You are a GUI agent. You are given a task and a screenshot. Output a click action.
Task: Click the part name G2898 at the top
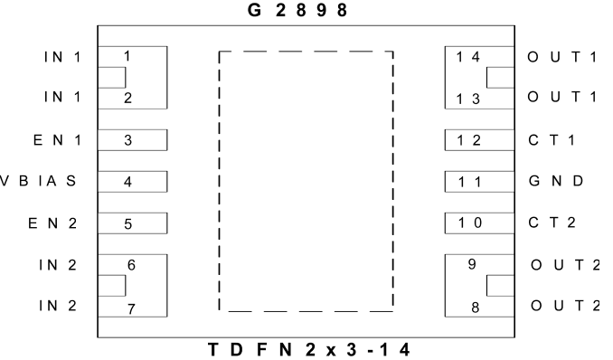[x=297, y=10]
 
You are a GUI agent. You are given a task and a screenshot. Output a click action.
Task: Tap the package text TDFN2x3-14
[x=309, y=349]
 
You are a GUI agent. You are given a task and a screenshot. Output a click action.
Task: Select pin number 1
[x=127, y=56]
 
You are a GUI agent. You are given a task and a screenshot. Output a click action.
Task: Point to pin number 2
[x=127, y=99]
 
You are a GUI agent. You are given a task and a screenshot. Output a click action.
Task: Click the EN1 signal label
[x=58, y=139]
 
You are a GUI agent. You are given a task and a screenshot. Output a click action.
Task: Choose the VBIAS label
[x=38, y=181]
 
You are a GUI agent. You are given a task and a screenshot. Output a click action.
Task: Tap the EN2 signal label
[x=52, y=223]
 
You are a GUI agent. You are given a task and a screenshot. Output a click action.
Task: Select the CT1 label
[x=552, y=139]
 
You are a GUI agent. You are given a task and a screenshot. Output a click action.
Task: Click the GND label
[x=556, y=181]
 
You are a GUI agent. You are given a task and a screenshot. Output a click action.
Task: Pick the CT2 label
[x=552, y=223]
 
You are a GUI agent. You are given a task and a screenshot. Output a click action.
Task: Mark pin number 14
[x=468, y=57]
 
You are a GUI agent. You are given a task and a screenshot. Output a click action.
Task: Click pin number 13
[x=468, y=99]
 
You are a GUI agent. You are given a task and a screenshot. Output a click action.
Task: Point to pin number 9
[x=472, y=264]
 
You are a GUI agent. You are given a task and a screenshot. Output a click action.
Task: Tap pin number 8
[x=476, y=308]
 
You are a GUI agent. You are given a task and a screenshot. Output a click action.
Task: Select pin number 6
[x=131, y=265]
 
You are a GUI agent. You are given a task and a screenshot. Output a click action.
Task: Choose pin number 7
[x=131, y=309]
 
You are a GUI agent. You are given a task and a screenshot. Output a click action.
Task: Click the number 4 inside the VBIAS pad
[x=127, y=182]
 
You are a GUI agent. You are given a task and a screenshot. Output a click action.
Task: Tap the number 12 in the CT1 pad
[x=469, y=140]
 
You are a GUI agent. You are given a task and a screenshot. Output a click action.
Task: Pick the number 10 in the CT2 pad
[x=470, y=223]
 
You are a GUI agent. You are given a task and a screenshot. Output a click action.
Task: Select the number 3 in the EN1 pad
[x=127, y=140]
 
